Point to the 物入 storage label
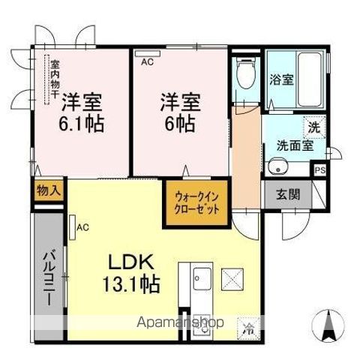[x=47, y=191]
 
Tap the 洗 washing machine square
[x=314, y=127]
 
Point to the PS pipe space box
[x=320, y=169]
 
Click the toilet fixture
[x=243, y=75]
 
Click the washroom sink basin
[x=277, y=166]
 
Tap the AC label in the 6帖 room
[x=146, y=62]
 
